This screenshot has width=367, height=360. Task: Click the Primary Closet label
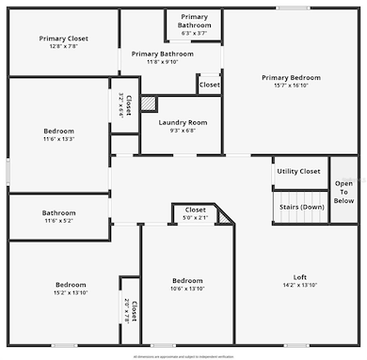64,39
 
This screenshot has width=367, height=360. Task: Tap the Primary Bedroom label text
291,77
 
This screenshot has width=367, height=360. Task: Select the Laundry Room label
183,122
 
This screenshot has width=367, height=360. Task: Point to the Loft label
300,276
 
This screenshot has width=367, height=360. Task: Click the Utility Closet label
298,171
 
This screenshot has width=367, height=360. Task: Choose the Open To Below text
344,192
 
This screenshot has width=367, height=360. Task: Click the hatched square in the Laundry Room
149,103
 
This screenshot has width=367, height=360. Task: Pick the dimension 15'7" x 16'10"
291,86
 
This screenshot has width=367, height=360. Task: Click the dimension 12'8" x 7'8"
64,47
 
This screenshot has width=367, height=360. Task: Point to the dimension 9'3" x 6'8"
183,131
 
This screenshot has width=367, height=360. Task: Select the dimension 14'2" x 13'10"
300,285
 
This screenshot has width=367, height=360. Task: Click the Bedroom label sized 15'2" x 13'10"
70,285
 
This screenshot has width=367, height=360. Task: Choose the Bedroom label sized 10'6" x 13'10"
187,280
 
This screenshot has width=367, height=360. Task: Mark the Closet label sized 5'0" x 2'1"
195,210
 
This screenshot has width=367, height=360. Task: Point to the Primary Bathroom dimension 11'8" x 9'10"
163,62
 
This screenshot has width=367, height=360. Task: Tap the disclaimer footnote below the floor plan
183,356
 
